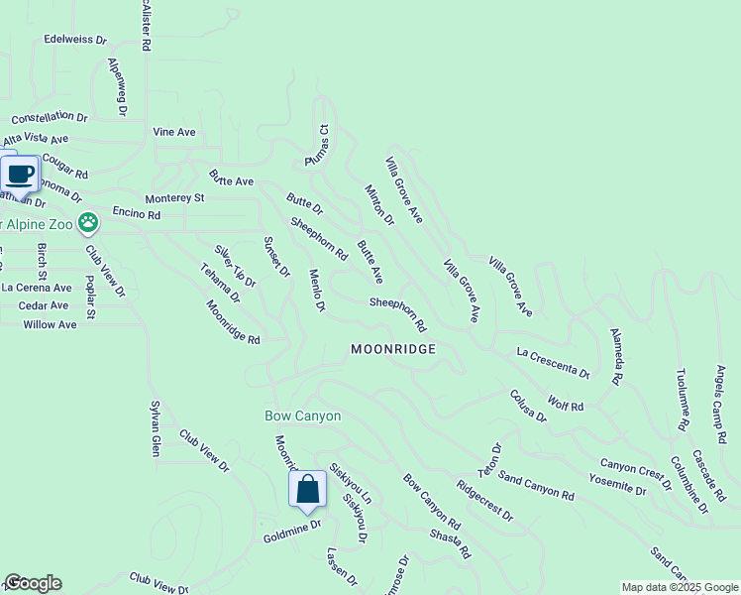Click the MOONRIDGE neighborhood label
click(393, 349)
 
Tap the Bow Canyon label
click(302, 416)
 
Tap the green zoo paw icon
click(88, 221)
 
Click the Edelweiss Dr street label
click(75, 40)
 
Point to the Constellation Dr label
click(50, 117)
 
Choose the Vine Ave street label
click(174, 132)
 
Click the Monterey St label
click(174, 198)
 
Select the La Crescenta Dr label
click(553, 363)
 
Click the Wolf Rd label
click(566, 407)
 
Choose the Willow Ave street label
click(50, 324)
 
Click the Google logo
click(33, 583)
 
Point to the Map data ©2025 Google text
click(680, 587)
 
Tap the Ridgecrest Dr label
click(484, 502)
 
